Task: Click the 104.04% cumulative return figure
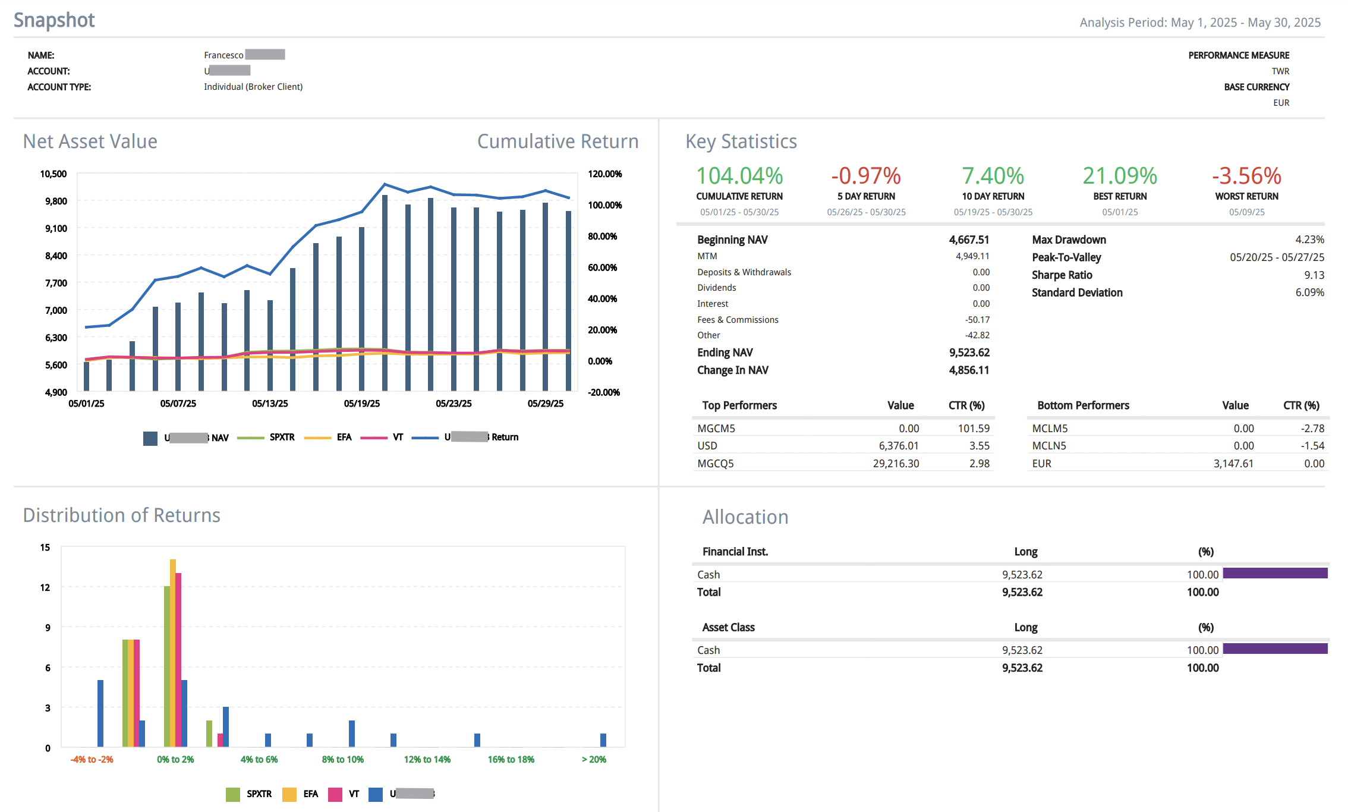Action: [739, 176]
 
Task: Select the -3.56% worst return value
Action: [1246, 176]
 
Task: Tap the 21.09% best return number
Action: [1120, 176]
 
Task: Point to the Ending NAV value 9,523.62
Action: [969, 353]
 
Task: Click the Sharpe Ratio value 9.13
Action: [1314, 275]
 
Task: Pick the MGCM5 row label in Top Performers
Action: [716, 429]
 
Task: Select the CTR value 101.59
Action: [974, 429]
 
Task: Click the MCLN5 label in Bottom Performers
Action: [1050, 446]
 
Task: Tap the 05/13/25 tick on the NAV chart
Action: [270, 404]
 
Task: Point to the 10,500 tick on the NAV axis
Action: [53, 174]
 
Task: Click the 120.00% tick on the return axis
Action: [604, 174]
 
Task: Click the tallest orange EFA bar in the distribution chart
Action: [173, 653]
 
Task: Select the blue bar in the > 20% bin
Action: [603, 740]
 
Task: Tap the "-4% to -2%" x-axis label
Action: [92, 760]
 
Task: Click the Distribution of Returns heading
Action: [121, 515]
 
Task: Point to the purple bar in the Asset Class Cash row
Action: [1275, 649]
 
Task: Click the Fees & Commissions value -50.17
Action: [977, 320]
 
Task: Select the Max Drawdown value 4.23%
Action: [1309, 240]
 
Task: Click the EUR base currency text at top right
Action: [1281, 103]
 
